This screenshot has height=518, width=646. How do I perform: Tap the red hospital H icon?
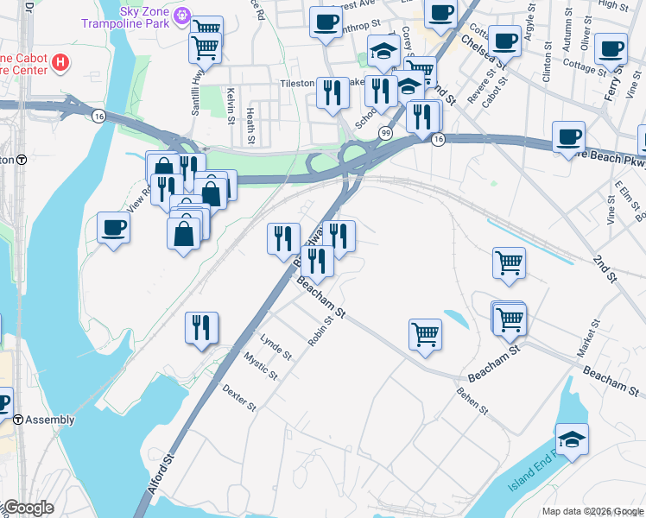point(60,62)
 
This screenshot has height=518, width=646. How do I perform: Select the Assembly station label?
point(49,420)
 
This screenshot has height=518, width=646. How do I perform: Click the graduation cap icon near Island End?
point(572,439)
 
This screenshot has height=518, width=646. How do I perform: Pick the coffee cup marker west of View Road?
point(113,228)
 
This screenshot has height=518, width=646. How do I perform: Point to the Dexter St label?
point(239,398)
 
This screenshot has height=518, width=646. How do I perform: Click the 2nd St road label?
point(605,268)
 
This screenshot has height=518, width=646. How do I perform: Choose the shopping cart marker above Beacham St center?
point(425,334)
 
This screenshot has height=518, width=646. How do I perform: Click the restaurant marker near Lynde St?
point(201,327)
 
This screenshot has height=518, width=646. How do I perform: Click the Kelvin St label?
point(231,101)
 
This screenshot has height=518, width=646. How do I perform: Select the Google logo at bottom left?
point(28,508)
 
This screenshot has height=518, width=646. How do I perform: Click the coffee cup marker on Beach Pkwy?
point(568,136)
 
